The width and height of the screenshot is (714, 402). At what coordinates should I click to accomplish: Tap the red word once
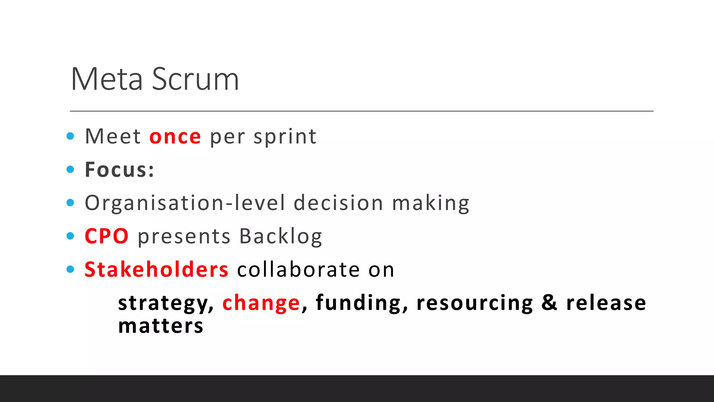(175, 136)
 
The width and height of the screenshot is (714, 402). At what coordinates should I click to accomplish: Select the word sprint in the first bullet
(285, 136)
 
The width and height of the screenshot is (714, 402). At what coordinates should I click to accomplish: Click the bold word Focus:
(120, 170)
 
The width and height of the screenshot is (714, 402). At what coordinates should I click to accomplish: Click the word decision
(338, 203)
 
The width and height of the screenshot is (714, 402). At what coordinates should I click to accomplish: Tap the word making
(431, 203)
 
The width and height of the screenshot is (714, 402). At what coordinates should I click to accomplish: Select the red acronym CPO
(107, 236)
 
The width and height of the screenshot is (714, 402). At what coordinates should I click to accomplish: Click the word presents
(184, 236)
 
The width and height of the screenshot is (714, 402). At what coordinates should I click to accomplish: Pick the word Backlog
(281, 236)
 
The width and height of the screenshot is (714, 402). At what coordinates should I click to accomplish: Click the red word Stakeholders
(157, 270)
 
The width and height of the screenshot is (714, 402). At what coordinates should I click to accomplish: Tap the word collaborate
(298, 270)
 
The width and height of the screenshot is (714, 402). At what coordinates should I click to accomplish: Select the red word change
(261, 303)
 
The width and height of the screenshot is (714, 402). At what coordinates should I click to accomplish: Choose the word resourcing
(474, 303)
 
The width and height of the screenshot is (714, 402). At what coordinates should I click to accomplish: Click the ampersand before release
(549, 303)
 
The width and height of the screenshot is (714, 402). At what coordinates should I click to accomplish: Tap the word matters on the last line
(161, 326)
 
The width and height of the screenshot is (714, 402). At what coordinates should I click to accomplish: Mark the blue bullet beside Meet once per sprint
(70, 136)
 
